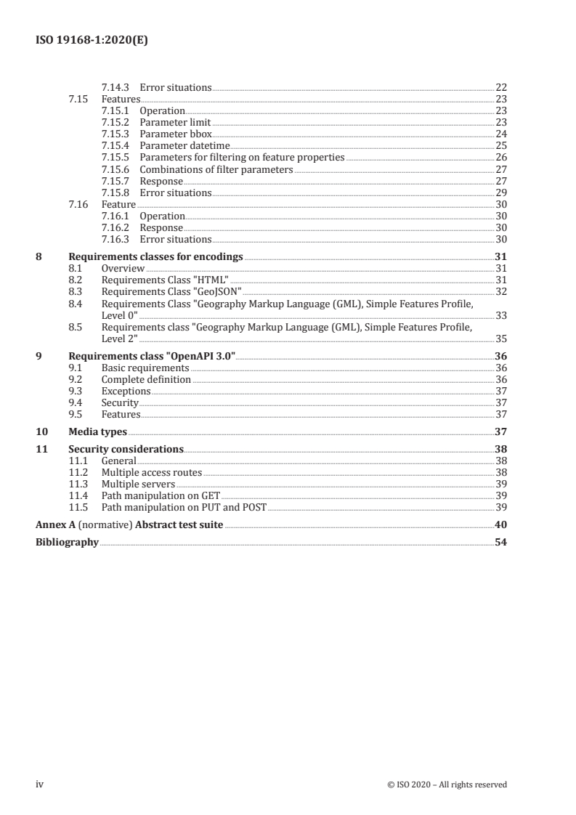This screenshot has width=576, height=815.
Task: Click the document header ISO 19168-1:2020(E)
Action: (x=92, y=41)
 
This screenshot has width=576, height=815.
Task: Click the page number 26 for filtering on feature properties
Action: (x=500, y=158)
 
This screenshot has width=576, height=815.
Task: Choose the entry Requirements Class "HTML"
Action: (x=165, y=280)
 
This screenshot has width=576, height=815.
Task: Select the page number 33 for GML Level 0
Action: (x=500, y=315)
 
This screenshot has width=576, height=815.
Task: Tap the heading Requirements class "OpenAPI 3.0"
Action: (x=152, y=356)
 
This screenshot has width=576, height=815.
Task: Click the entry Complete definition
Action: (x=146, y=379)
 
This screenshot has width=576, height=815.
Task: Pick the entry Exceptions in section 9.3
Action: (x=126, y=391)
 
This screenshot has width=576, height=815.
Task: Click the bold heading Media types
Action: (x=97, y=431)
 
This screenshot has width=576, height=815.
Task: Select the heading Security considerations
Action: (x=126, y=449)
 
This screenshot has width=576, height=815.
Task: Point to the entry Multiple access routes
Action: (x=152, y=472)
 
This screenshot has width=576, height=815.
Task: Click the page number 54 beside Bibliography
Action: (x=500, y=542)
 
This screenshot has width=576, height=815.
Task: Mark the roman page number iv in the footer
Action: (x=40, y=784)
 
